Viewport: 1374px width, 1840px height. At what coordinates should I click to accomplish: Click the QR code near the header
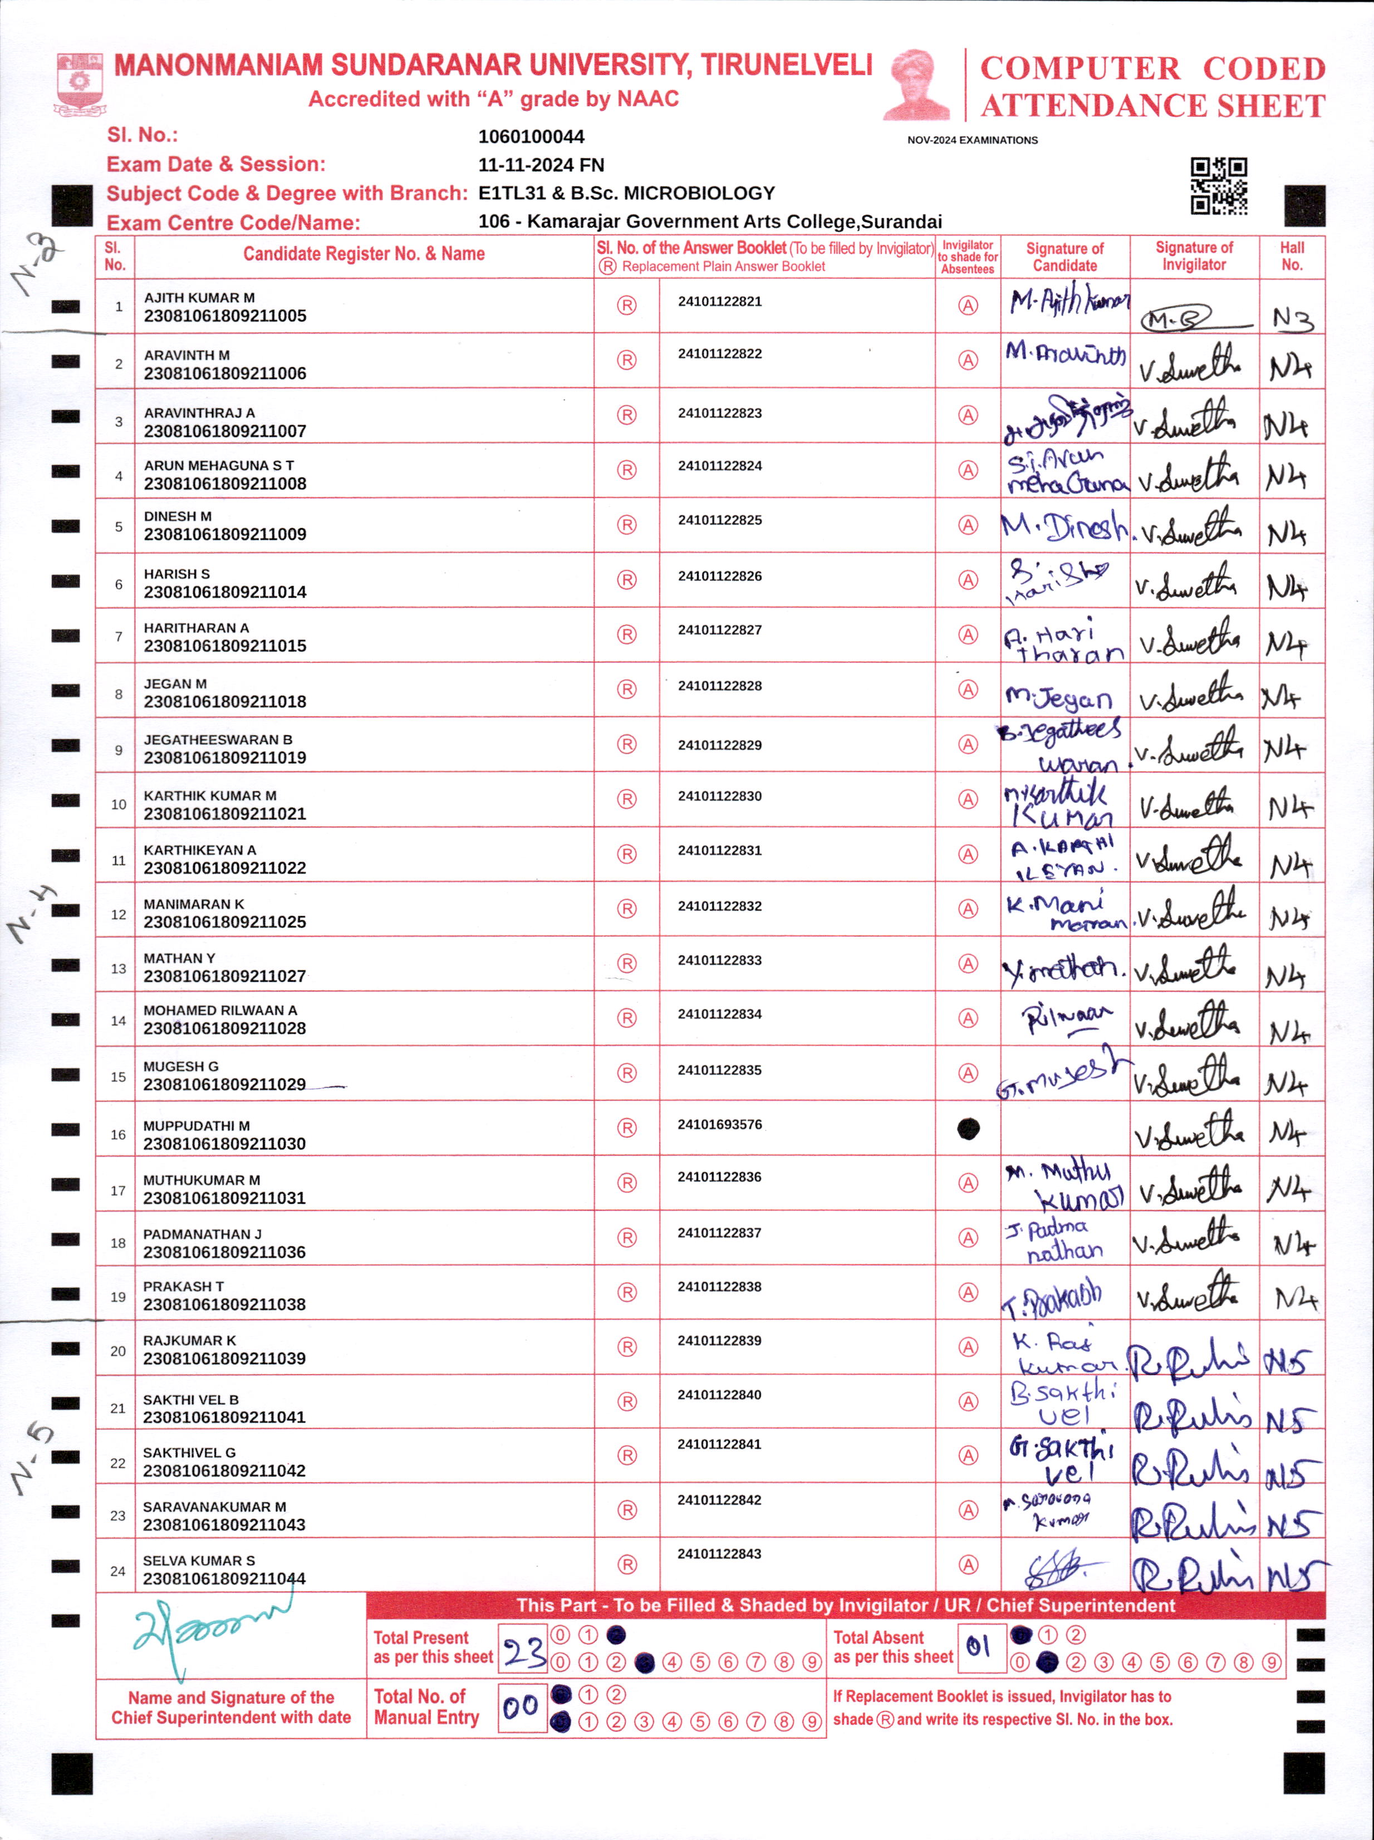pyautogui.click(x=1219, y=186)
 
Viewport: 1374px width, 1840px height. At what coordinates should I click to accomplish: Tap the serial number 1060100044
pyautogui.click(x=532, y=136)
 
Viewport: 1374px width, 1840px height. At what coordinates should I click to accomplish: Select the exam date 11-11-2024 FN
pyautogui.click(x=542, y=165)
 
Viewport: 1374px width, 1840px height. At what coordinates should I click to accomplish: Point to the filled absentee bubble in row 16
pyautogui.click(x=968, y=1128)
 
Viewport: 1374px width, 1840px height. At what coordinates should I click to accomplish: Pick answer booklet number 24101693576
pyautogui.click(x=719, y=1124)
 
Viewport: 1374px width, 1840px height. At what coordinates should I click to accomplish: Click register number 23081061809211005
pyautogui.click(x=224, y=316)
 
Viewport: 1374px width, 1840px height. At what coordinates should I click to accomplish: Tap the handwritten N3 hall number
pyautogui.click(x=1293, y=318)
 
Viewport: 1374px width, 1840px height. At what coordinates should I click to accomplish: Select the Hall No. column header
pyautogui.click(x=1292, y=256)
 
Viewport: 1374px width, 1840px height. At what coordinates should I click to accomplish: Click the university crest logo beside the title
pyautogui.click(x=79, y=83)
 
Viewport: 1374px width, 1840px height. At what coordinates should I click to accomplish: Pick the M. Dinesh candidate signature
pyautogui.click(x=1064, y=527)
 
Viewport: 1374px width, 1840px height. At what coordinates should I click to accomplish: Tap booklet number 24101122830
pyautogui.click(x=719, y=796)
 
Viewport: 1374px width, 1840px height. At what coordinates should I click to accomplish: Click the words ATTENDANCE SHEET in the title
pyautogui.click(x=1153, y=106)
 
